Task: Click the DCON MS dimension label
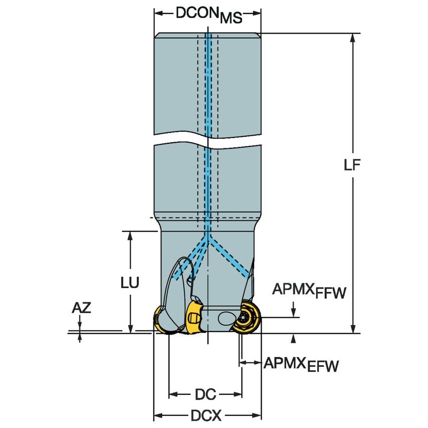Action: click(x=208, y=15)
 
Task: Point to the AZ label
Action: click(x=81, y=308)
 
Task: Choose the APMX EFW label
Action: click(x=301, y=364)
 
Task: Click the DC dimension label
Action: click(x=205, y=395)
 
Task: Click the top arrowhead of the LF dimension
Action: click(x=354, y=38)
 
